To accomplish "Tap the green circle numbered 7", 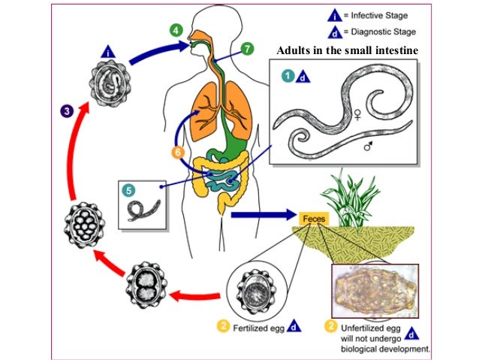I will (x=246, y=48).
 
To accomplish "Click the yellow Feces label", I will (x=312, y=217).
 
